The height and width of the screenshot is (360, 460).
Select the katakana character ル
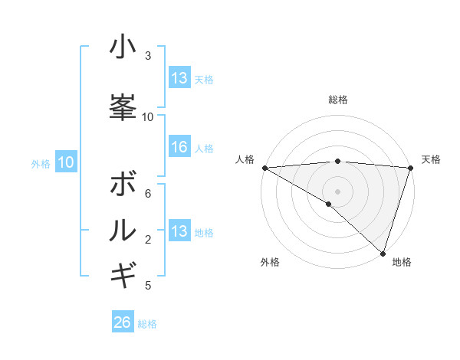(x=123, y=229)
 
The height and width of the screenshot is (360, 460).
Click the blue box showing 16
(x=179, y=148)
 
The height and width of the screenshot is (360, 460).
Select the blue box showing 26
(x=123, y=322)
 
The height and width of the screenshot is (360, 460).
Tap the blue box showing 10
(x=66, y=162)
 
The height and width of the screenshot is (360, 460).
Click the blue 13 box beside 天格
(x=179, y=78)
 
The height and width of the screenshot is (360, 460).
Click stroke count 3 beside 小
(x=148, y=56)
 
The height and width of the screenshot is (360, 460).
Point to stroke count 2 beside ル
(x=148, y=240)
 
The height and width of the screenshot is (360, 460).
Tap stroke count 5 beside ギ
(x=148, y=286)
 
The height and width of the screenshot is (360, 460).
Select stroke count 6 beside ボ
(x=148, y=194)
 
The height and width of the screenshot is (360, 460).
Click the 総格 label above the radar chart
(x=337, y=100)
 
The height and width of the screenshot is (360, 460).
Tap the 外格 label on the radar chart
(x=270, y=262)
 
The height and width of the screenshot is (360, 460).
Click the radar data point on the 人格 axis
(x=264, y=168)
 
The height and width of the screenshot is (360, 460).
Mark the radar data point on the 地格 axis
(x=383, y=254)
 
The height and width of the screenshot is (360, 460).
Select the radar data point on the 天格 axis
(x=410, y=168)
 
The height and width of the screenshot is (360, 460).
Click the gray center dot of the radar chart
(x=337, y=191)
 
